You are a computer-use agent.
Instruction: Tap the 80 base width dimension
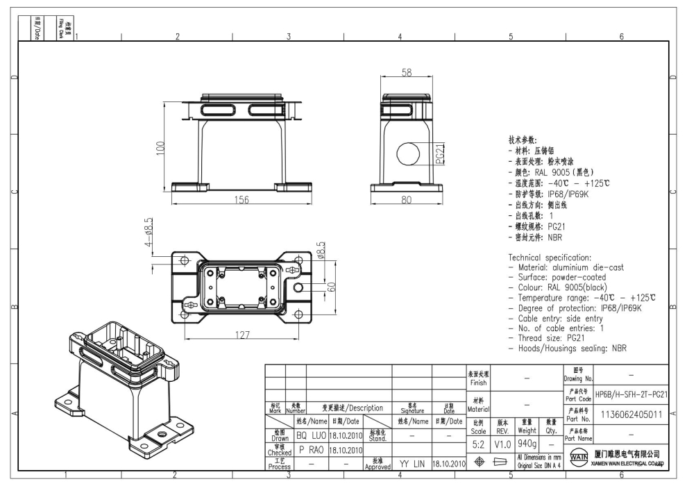point(407,200)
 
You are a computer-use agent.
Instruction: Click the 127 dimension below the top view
point(242,335)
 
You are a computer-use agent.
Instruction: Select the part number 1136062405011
point(631,414)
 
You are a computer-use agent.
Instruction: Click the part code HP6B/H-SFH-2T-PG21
point(631,394)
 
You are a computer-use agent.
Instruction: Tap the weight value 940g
point(527,442)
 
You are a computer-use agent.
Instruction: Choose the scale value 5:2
point(482,442)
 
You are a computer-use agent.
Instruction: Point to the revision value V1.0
point(503,442)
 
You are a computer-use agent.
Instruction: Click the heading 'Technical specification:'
point(550,258)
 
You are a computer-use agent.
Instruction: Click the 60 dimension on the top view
point(332,287)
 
